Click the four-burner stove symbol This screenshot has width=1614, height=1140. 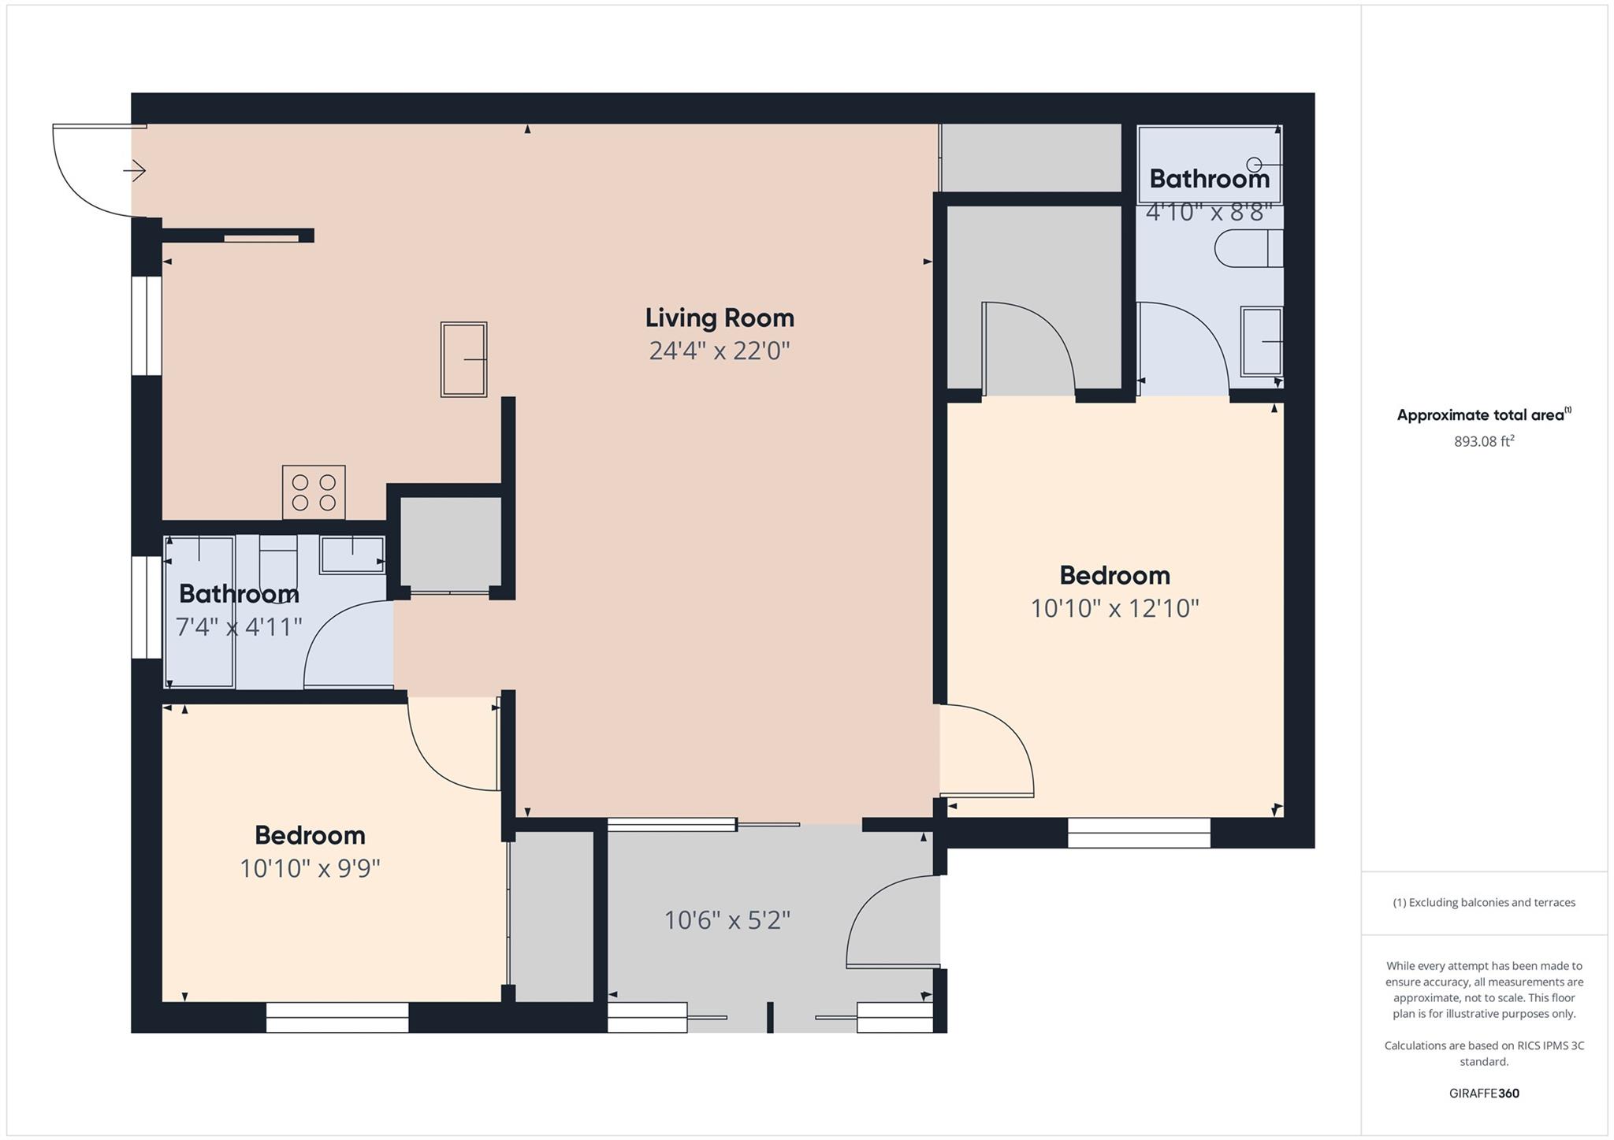tap(314, 492)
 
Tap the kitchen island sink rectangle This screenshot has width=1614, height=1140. tap(463, 358)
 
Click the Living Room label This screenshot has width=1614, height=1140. tap(720, 317)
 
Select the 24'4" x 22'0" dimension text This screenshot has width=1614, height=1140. tap(720, 351)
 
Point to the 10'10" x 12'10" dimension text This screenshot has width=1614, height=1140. tap(1114, 608)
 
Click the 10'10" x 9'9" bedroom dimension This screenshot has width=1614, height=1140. tap(310, 868)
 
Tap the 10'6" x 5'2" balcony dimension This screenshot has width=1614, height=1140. tap(727, 919)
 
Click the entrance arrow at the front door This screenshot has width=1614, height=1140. tap(135, 170)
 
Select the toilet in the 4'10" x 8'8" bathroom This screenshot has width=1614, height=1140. tap(1248, 248)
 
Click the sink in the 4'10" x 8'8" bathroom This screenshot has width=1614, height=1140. tap(1261, 341)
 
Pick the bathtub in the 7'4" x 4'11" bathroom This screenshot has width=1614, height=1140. tap(199, 611)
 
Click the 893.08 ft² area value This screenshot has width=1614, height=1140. tap(1484, 441)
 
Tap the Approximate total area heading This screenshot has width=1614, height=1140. tap(1483, 414)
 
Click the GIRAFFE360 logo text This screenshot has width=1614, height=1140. tap(1484, 1093)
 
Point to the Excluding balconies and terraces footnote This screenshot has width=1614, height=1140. tap(1484, 902)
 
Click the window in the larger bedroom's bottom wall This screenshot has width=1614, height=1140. tap(1138, 832)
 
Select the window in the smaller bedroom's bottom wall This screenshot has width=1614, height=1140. tap(337, 1016)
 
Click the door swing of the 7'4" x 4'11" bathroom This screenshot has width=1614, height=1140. tap(347, 642)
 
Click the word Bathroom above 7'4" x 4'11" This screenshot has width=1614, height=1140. tap(239, 593)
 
